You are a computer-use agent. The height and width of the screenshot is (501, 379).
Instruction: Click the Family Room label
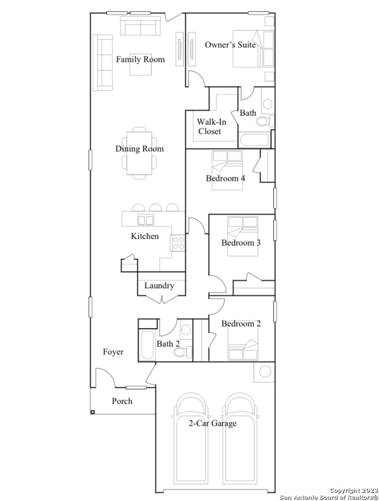(x=140, y=59)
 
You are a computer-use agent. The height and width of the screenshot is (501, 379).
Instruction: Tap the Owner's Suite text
(x=230, y=45)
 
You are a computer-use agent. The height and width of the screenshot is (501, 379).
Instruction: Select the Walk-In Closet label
(x=211, y=127)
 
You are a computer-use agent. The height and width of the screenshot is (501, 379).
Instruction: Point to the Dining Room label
(x=140, y=149)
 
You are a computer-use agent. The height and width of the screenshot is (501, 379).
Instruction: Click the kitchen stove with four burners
(x=178, y=243)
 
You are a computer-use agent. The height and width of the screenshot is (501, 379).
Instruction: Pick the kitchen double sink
(x=146, y=220)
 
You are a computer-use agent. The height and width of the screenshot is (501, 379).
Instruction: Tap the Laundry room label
(x=159, y=286)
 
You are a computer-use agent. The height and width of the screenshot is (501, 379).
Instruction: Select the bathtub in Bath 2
(x=148, y=346)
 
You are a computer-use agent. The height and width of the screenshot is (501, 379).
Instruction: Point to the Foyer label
(x=113, y=352)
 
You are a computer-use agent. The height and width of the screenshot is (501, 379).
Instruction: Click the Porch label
(x=122, y=401)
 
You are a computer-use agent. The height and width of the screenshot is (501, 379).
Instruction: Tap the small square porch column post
(x=92, y=412)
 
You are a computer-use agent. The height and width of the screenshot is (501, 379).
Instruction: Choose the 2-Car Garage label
(x=212, y=424)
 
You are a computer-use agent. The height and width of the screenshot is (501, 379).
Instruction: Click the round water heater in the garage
(x=264, y=372)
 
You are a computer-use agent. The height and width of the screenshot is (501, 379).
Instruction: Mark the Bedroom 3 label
(x=241, y=243)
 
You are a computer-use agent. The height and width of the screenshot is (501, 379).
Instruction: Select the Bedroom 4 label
(x=225, y=178)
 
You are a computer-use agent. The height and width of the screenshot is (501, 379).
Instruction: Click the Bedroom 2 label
(x=241, y=324)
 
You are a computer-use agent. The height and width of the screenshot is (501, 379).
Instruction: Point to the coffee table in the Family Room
(x=141, y=64)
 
